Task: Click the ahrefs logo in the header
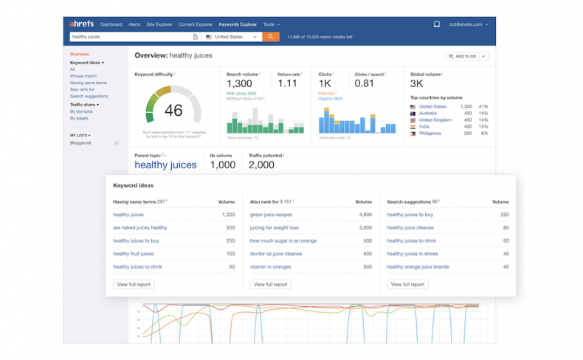click(81, 24)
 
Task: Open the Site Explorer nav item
click(159, 24)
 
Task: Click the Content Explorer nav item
click(195, 24)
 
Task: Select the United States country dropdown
click(232, 36)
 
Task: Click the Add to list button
click(467, 56)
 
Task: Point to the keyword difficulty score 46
click(173, 111)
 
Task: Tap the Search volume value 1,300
click(240, 84)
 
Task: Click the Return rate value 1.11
click(287, 84)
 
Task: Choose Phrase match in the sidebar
click(83, 76)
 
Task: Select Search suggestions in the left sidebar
click(89, 96)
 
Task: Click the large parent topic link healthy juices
click(165, 165)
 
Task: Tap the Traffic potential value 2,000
click(261, 165)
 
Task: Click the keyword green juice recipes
click(271, 215)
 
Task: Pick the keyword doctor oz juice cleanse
click(275, 254)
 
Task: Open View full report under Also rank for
click(270, 284)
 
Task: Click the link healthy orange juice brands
click(418, 267)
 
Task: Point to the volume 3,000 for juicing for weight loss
click(365, 228)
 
